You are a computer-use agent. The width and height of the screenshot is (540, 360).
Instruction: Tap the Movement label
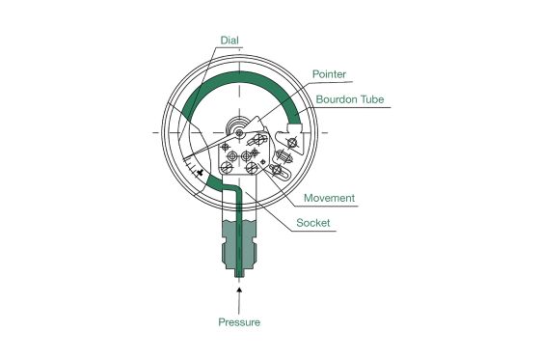click(330, 198)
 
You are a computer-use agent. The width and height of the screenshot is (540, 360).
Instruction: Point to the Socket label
click(313, 222)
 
